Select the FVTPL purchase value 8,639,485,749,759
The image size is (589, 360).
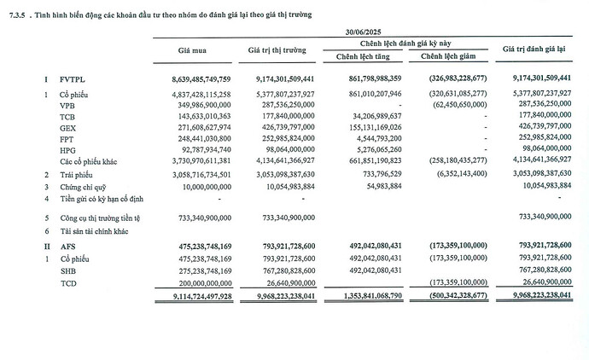[193, 78]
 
